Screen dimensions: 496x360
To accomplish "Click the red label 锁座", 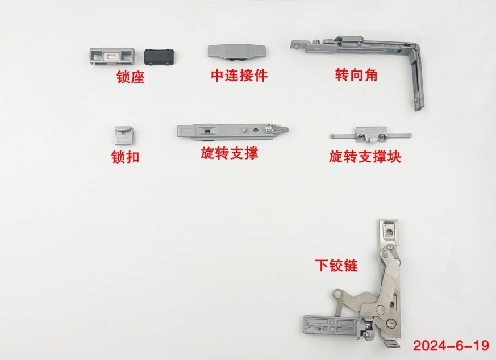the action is pyautogui.click(x=131, y=77).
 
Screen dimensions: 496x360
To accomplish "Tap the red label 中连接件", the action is pyautogui.click(x=239, y=75).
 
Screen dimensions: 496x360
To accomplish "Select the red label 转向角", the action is pyautogui.click(x=356, y=75).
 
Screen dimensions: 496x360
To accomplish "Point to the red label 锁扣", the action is pyautogui.click(x=125, y=157).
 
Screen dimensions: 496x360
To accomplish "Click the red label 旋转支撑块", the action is pyautogui.click(x=365, y=156).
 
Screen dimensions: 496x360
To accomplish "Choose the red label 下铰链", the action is pyautogui.click(x=336, y=266).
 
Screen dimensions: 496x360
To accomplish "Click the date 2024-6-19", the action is pyautogui.click(x=451, y=345).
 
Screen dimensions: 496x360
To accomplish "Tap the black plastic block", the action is pyautogui.click(x=160, y=57).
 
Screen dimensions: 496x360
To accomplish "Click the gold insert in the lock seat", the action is pyautogui.click(x=111, y=56).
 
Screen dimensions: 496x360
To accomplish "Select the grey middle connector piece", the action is pyautogui.click(x=236, y=52).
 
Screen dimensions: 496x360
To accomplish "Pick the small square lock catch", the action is pyautogui.click(x=123, y=135).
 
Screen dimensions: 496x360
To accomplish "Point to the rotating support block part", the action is pyautogui.click(x=371, y=135).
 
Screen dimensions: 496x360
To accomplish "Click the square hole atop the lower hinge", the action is pyautogui.click(x=389, y=233).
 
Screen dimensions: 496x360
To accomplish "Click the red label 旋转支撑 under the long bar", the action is pyautogui.click(x=230, y=153).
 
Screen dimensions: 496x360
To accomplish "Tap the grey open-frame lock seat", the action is pyautogui.click(x=111, y=56).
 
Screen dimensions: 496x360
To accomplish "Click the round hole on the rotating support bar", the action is pyautogui.click(x=256, y=129).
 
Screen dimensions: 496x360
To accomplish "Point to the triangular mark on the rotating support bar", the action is pyautogui.click(x=244, y=129).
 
